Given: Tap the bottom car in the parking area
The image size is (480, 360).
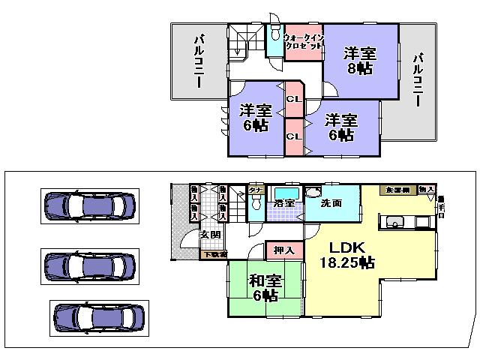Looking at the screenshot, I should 97,318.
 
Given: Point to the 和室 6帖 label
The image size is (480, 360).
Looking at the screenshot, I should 265,287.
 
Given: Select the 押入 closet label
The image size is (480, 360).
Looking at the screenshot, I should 284,250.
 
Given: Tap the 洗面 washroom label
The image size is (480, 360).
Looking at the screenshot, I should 331,202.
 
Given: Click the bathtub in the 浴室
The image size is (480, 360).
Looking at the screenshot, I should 286,193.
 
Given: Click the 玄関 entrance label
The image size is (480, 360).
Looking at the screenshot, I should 209,234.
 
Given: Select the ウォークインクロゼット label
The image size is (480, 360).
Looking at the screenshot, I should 304,40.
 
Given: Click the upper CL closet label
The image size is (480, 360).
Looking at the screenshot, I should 294,99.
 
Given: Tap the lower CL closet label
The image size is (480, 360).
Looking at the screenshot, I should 294,136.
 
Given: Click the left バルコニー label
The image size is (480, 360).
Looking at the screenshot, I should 200,61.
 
